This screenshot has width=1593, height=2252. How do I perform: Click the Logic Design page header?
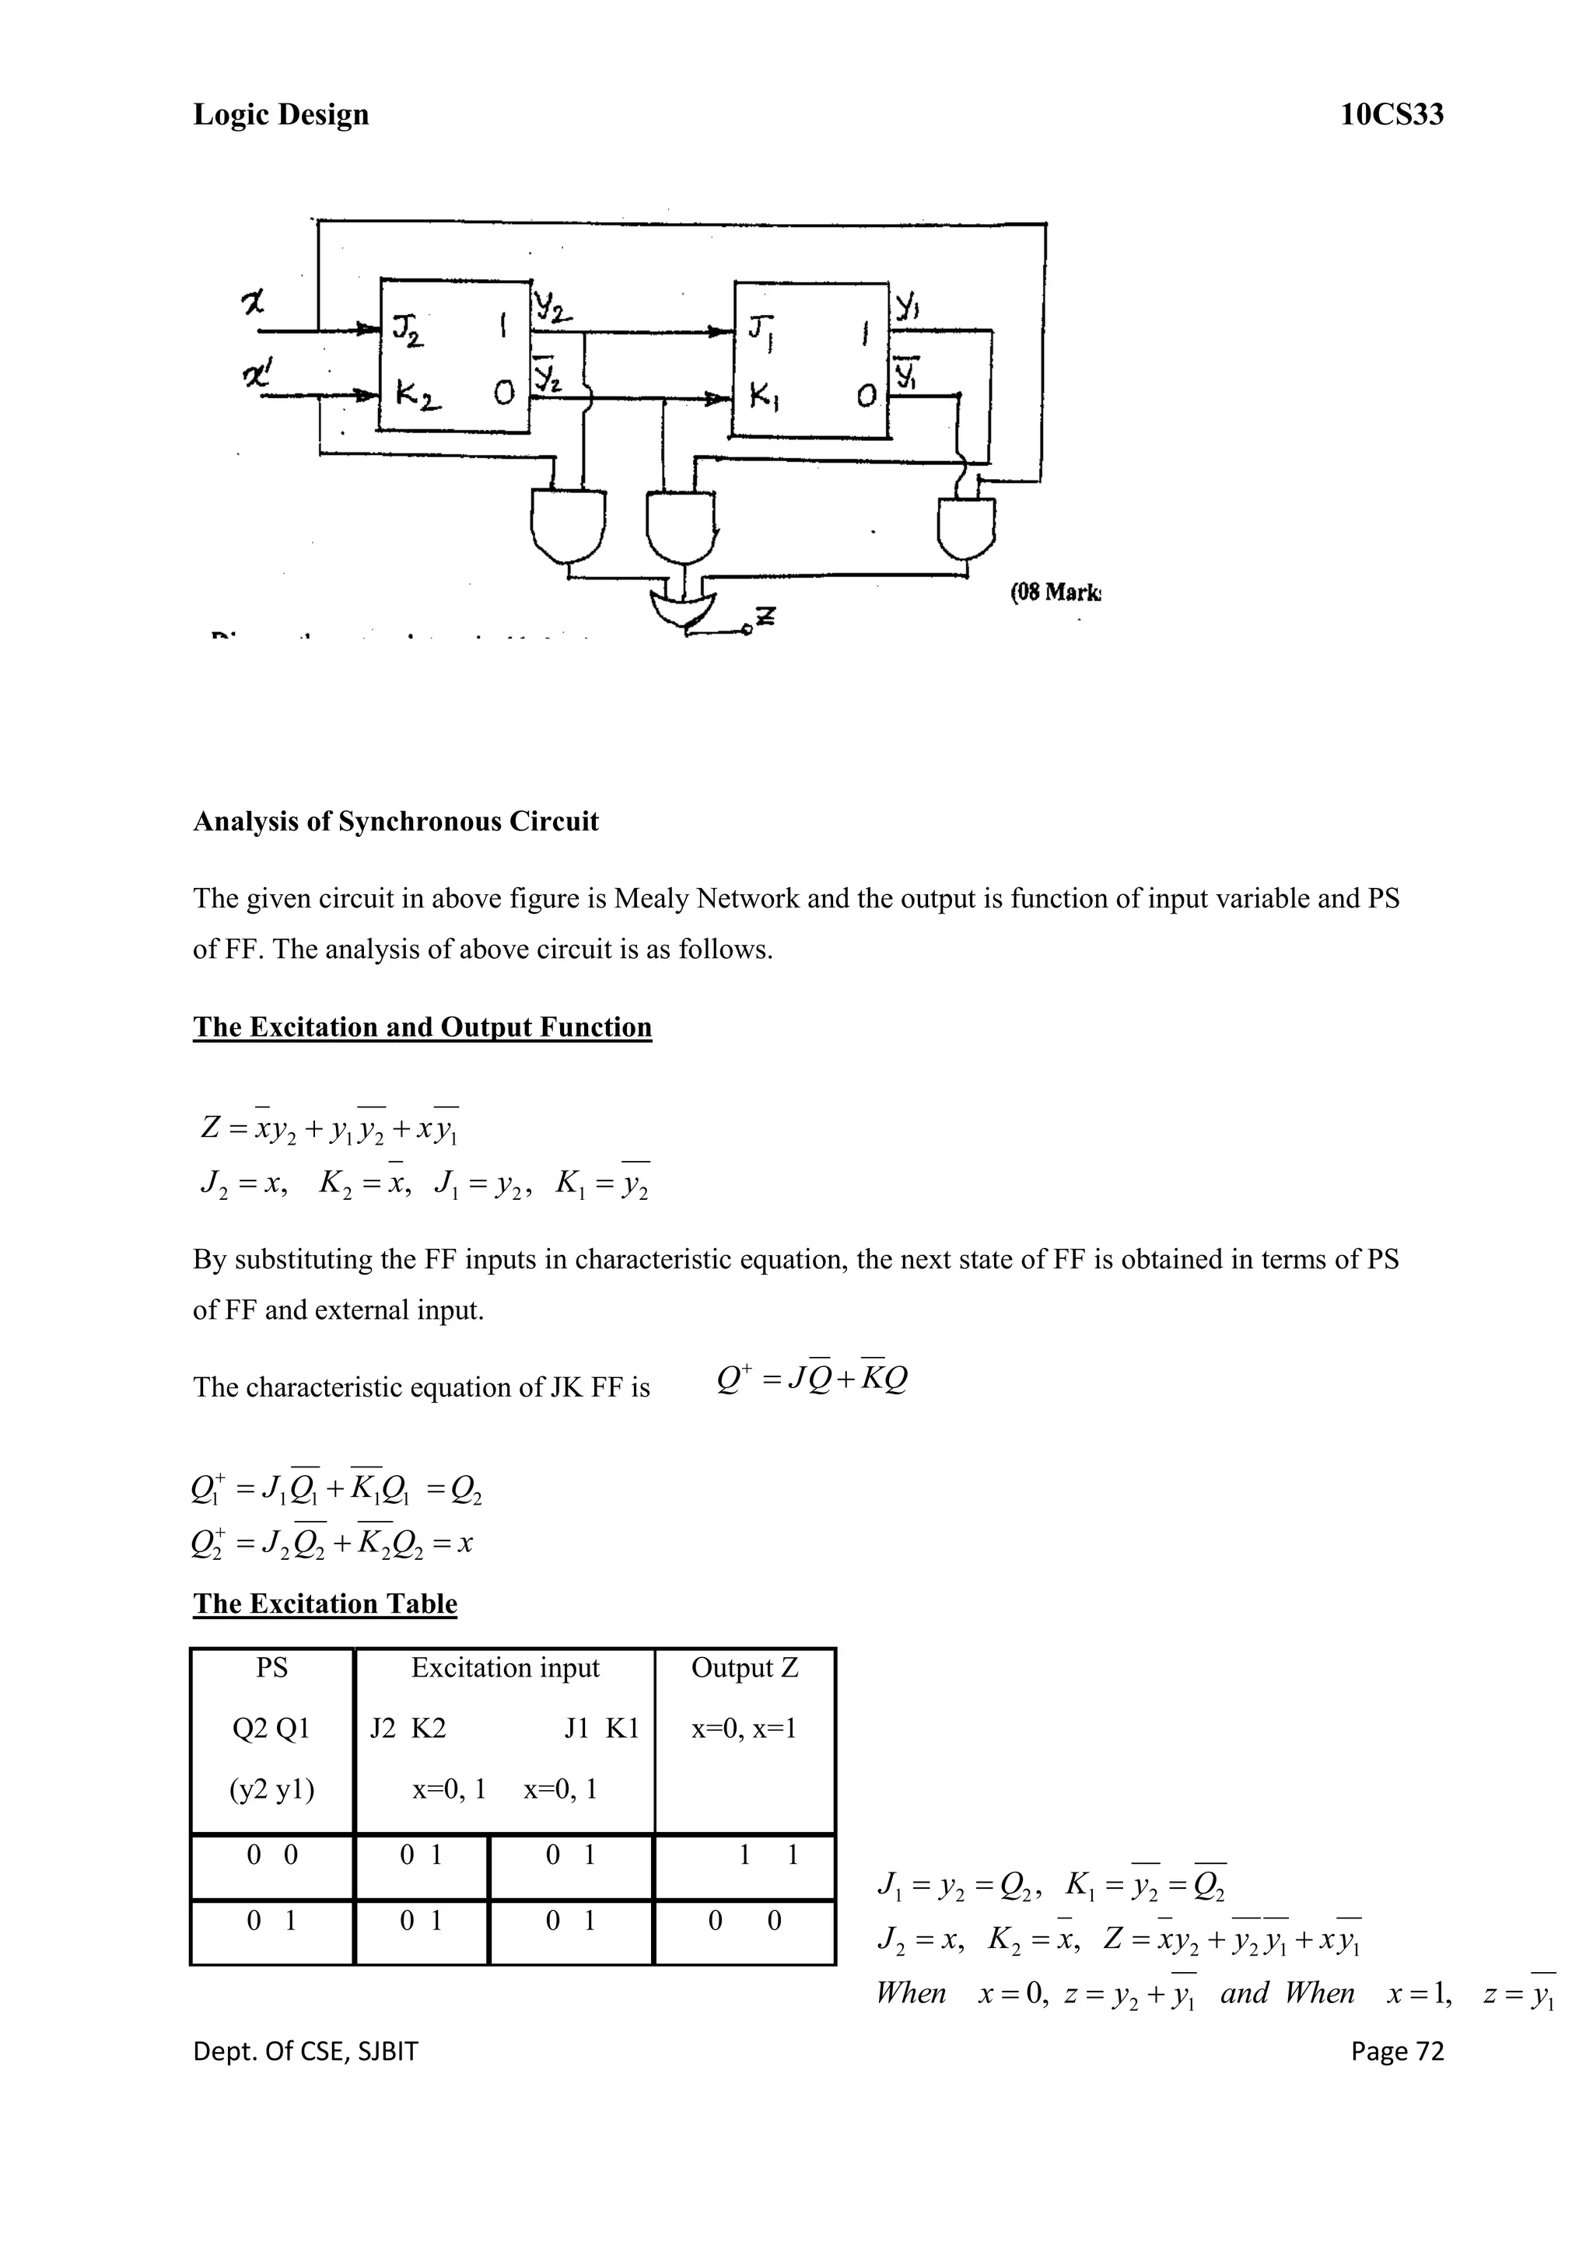(x=281, y=115)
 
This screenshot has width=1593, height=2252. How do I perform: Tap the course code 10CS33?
(x=1392, y=115)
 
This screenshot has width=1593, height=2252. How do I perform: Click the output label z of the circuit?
(x=766, y=617)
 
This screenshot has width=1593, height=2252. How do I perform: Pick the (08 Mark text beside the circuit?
(x=1056, y=593)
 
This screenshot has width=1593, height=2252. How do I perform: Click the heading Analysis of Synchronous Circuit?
(x=395, y=821)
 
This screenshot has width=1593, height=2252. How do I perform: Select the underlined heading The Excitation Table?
(x=324, y=1603)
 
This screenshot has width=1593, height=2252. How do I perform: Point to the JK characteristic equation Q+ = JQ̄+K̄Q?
(x=812, y=1379)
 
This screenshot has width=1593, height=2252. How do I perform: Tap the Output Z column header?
(x=744, y=1667)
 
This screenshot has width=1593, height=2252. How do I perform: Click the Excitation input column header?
(x=505, y=1667)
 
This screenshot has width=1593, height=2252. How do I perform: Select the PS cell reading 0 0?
(x=271, y=1854)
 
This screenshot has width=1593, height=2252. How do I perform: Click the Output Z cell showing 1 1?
(x=768, y=1854)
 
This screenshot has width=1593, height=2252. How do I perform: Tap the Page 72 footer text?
(x=1397, y=2051)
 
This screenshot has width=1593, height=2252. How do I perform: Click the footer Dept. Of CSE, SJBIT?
(x=305, y=2051)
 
